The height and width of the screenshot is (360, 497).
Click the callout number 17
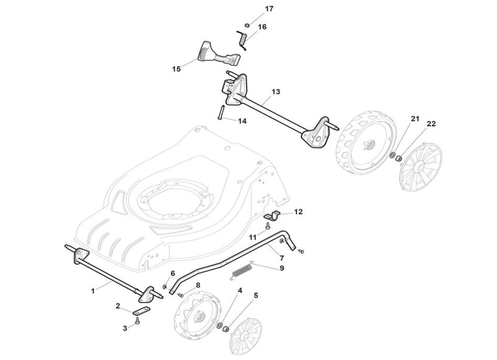click(269, 9)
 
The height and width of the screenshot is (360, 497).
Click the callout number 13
click(276, 91)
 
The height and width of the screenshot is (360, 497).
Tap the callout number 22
click(431, 124)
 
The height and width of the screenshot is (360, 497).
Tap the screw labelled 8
click(180, 295)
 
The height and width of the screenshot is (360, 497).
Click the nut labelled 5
click(226, 329)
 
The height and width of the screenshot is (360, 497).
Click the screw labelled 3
click(137, 321)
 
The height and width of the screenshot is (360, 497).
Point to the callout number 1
click(93, 289)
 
